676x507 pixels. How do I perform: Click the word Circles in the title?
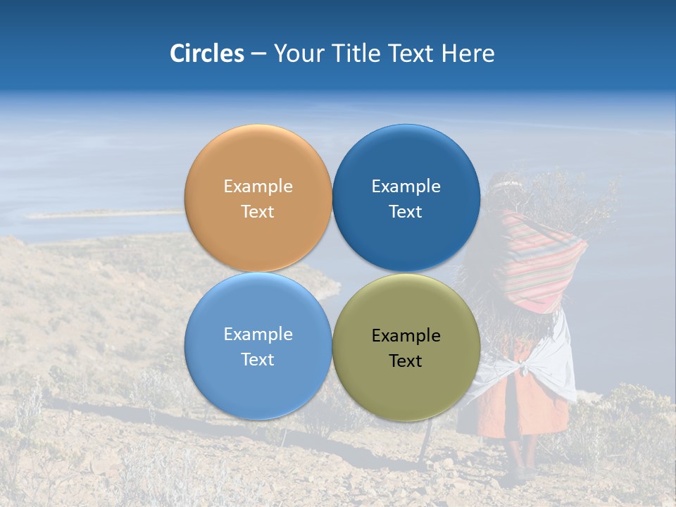coord(206,54)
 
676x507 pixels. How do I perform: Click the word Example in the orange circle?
coord(258,187)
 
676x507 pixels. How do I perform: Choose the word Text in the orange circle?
coord(258,212)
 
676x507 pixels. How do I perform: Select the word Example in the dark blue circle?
coord(406,187)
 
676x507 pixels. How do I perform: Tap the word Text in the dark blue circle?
coord(406,212)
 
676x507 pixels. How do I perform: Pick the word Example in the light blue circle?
coord(258,334)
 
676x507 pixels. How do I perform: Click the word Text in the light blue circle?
coord(258,360)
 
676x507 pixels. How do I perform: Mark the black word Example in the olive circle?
coord(406,336)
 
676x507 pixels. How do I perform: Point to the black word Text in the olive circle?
coord(406,361)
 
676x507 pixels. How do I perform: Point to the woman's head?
coord(505,190)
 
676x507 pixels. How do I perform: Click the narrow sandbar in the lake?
coord(106,213)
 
